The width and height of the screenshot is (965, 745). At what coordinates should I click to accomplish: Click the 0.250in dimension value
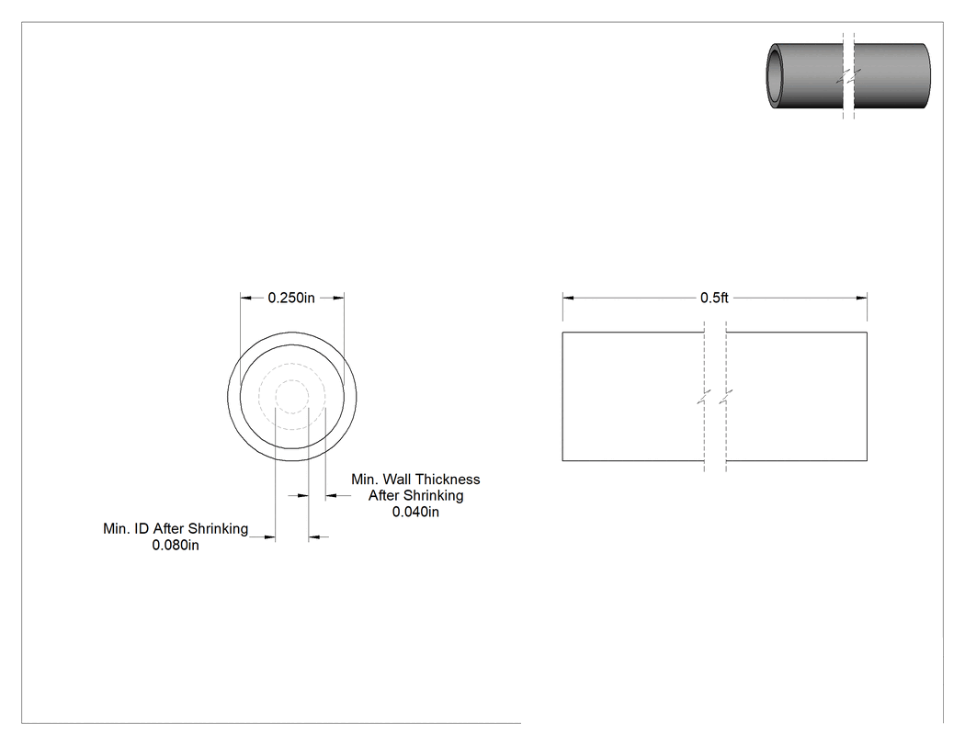tap(291, 298)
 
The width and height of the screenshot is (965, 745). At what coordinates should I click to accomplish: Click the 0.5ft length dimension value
tap(714, 298)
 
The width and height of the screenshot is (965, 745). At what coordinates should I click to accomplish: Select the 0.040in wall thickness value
tap(415, 512)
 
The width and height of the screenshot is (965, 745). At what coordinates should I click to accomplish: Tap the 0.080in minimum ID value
tap(176, 545)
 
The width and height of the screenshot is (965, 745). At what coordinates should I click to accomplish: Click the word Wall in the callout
tap(397, 480)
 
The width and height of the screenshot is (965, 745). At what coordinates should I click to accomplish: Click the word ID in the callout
tap(142, 528)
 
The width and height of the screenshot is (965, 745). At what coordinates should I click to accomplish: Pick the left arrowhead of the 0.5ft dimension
tap(568, 298)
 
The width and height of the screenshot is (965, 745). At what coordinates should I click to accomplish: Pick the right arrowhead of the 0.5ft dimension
tap(862, 298)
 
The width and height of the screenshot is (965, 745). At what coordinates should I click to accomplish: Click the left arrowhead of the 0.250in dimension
tap(245, 298)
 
